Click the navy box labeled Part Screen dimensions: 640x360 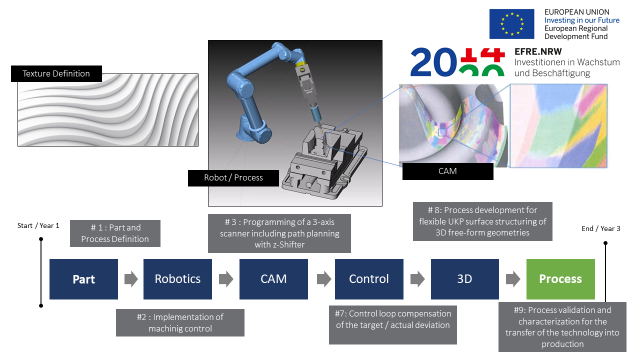tap(83, 279)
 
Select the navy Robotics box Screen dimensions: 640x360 tap(177, 279)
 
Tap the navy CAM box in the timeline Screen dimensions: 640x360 tap(273, 279)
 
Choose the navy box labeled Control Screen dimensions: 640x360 tap(369, 279)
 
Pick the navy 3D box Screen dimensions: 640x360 tap(465, 279)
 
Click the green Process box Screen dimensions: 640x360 tap(560, 279)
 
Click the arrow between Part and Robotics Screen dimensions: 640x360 tap(131, 279)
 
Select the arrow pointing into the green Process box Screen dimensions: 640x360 tap(513, 279)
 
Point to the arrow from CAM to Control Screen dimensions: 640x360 tap(324, 279)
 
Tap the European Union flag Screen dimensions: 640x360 tap(511, 24)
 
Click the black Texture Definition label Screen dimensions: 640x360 tap(56, 73)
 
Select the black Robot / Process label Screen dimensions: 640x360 tap(233, 178)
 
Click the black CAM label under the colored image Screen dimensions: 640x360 tap(447, 171)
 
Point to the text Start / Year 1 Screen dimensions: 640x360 tap(38, 225)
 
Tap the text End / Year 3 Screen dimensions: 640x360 tap(601, 228)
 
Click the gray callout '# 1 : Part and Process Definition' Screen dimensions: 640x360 tap(115, 233)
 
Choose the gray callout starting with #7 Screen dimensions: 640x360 tap(393, 325)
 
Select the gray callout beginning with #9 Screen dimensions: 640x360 tap(562, 327)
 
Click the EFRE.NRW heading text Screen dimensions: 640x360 tap(538, 51)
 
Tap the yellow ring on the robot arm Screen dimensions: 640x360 tap(301, 64)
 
